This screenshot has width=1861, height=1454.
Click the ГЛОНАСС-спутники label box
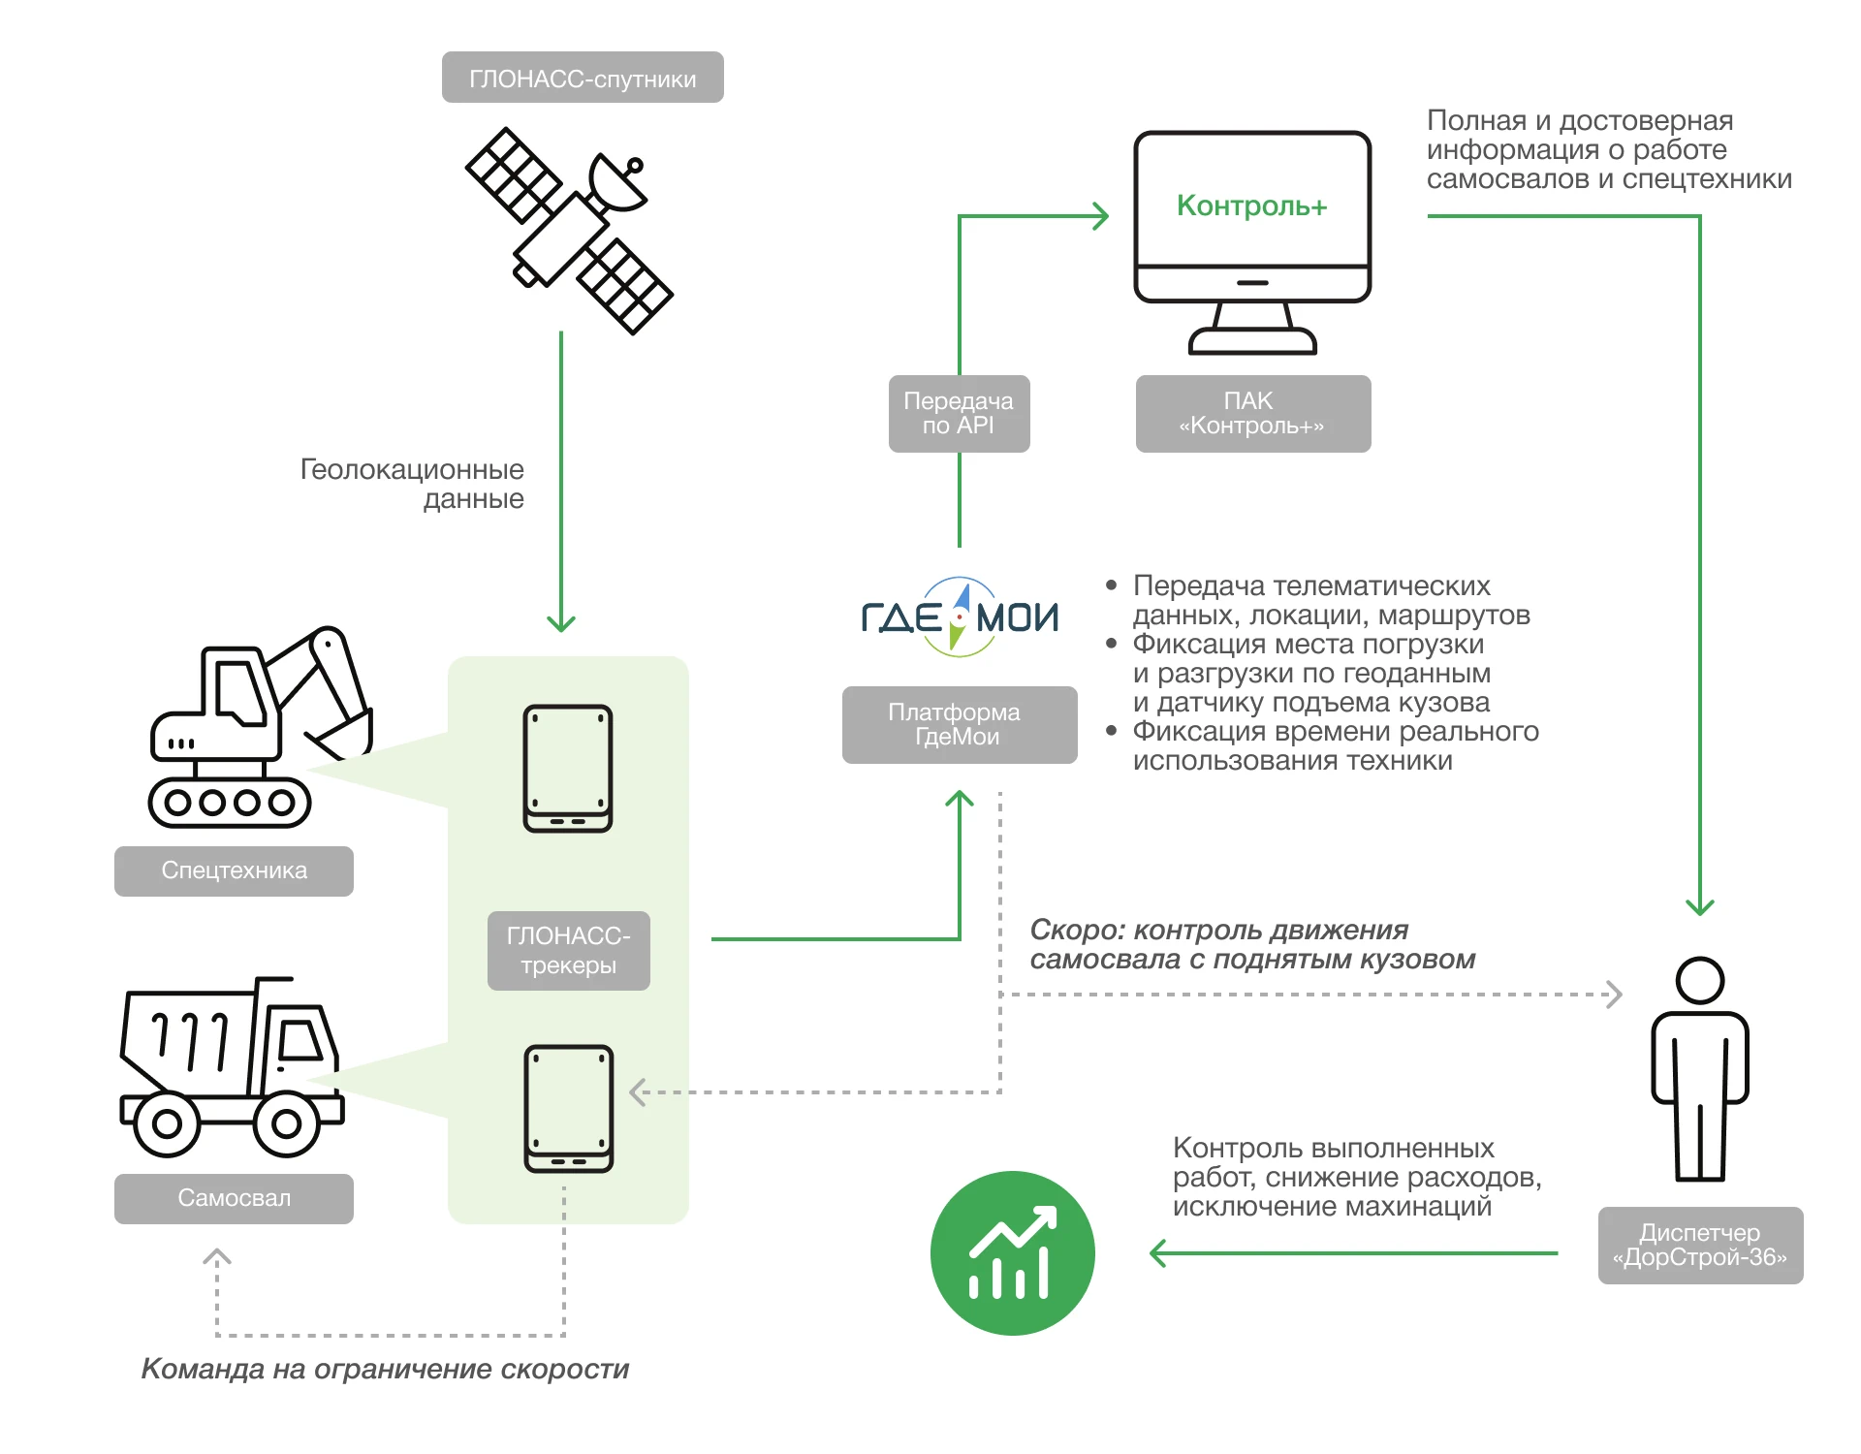point(583,78)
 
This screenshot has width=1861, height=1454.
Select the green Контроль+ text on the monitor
point(1251,205)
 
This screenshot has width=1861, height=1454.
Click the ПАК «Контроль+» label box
point(1252,414)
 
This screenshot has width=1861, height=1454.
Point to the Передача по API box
point(959,414)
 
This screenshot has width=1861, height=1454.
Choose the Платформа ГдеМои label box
point(959,725)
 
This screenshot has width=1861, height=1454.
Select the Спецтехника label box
point(234,870)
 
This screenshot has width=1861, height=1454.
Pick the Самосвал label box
point(234,1198)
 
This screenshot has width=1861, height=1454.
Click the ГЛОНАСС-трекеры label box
point(568,950)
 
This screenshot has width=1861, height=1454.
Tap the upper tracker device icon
point(568,768)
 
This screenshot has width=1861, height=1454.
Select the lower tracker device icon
point(569,1108)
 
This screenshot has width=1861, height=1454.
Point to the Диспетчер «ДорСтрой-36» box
point(1700,1246)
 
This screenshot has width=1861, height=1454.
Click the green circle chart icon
point(1012,1253)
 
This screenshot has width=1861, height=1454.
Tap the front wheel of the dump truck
point(286,1124)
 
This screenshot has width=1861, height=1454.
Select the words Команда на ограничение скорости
point(385,1369)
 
